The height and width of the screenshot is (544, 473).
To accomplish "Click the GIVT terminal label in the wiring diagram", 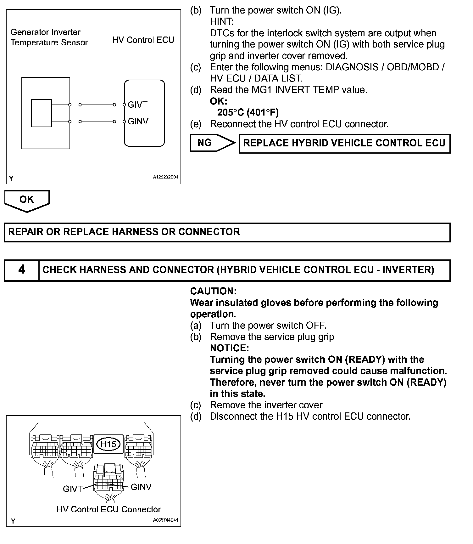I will pos(137,105).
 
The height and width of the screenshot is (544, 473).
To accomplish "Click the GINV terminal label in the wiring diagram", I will pos(138,122).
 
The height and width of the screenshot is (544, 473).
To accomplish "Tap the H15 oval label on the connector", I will pos(108,444).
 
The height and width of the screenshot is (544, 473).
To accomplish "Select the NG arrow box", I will pos(212,143).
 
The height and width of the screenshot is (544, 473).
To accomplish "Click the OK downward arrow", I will pos(27,200).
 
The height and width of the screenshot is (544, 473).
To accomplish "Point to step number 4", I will pos(21,270).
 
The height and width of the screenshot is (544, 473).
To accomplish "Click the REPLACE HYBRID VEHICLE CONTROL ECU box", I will pos(344,144).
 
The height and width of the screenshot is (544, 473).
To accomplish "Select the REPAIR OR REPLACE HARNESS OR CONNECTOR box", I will pos(227,232).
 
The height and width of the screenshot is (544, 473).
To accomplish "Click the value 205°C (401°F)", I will pos(248,112).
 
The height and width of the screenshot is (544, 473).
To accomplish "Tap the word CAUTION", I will pos(213,291).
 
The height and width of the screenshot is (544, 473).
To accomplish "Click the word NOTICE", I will pos(229,348).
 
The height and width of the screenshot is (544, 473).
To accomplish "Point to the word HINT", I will pos(222,22).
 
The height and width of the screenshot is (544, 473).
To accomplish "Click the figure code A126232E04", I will pos(165,177).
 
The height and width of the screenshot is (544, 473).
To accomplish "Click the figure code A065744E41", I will pos(165,520).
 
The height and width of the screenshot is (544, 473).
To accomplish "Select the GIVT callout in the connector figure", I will pos(72,489).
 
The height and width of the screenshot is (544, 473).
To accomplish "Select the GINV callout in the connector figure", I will pos(141,487).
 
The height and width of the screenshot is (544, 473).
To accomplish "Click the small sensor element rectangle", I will pos(41,113).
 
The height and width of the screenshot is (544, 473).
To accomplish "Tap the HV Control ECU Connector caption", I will pos(109,509).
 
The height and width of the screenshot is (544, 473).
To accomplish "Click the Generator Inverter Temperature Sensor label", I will pos(49,37).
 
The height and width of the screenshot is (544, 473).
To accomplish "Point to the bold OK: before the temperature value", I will pos(218,101).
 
